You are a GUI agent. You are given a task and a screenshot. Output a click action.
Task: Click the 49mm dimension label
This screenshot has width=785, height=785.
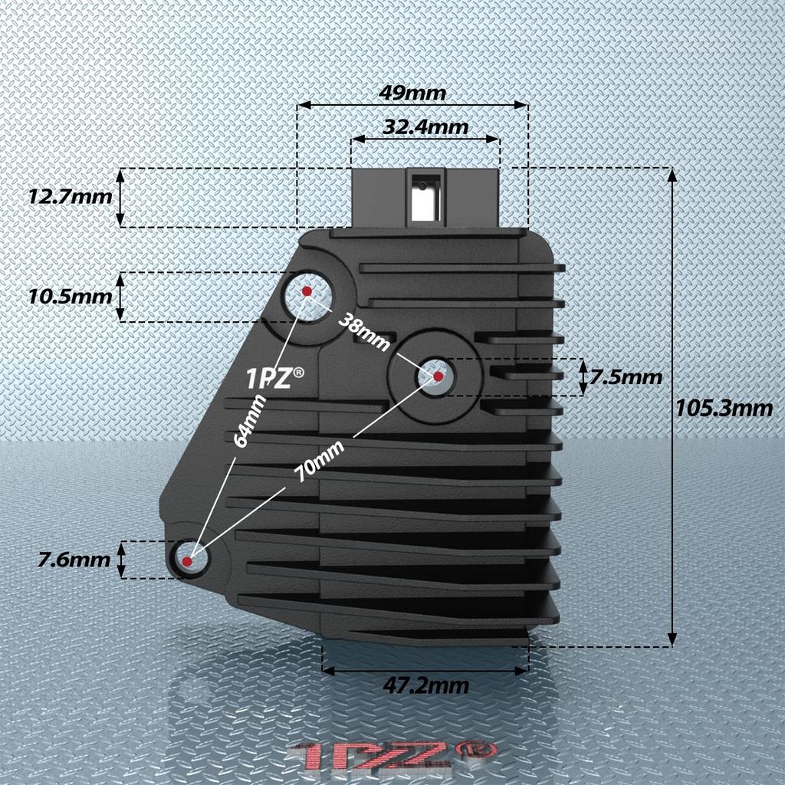412,93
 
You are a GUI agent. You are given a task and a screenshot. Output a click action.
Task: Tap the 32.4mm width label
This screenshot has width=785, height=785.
425,126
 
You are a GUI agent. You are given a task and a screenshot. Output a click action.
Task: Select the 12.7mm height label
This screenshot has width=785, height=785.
70,196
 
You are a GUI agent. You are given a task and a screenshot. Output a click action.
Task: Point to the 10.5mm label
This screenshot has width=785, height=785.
70,296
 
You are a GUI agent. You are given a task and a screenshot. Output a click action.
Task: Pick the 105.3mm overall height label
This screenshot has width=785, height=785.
724,408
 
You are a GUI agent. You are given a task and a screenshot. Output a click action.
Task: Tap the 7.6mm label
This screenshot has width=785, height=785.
74,560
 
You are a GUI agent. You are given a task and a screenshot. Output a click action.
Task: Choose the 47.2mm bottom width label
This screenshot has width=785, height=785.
425,685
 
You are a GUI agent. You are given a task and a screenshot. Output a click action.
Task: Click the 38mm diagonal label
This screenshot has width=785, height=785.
363,330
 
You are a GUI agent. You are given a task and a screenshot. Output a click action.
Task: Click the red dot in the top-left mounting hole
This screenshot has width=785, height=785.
307,291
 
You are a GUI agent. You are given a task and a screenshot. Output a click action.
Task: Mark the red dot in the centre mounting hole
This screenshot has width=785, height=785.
438,376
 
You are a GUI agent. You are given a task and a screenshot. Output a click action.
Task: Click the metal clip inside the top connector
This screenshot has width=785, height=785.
422,201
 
